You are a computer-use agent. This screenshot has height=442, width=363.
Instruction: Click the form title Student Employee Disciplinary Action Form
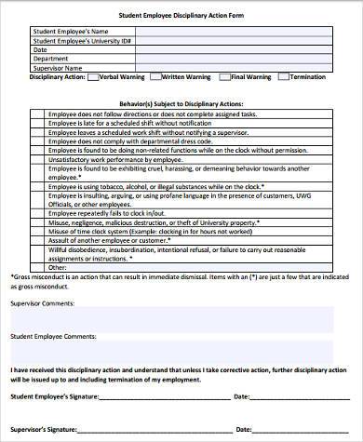tap(182, 15)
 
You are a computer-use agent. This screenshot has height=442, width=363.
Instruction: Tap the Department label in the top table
tap(52, 58)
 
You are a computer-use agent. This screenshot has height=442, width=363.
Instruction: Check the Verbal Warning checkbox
tap(91, 77)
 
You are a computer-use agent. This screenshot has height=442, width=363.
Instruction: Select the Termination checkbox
tap(285, 77)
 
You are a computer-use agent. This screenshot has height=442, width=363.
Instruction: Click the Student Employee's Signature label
tap(57, 396)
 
